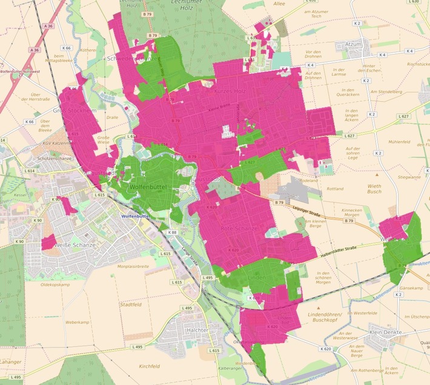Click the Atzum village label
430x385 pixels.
coord(352,44)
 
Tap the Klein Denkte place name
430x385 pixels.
coord(386,333)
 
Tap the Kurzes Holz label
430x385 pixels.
coord(228,90)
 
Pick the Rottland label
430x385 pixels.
coord(334,189)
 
